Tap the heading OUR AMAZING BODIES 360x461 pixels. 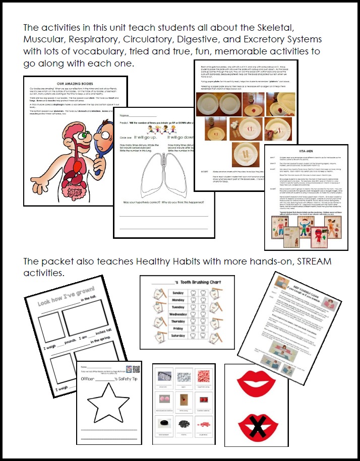(x=75, y=84)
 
